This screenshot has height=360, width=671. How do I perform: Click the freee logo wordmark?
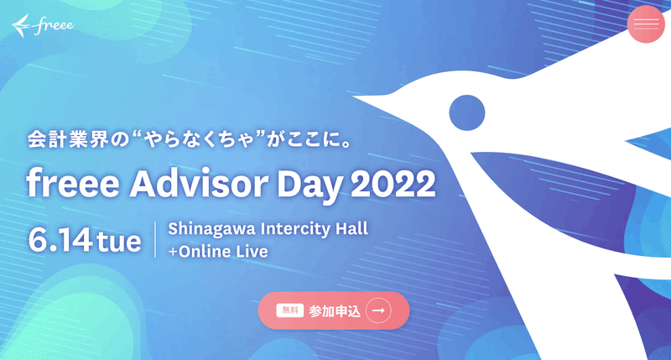[53, 25]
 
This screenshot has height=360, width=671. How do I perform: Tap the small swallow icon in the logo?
[21, 26]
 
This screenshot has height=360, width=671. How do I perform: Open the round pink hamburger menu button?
[646, 24]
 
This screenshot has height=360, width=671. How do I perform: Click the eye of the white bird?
[467, 112]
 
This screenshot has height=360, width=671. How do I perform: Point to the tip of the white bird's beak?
[352, 98]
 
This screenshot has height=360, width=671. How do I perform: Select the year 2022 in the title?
[393, 185]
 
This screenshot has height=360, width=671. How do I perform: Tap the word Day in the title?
[309, 186]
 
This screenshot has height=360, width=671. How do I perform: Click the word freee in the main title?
[73, 184]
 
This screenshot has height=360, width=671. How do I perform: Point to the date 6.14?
[60, 240]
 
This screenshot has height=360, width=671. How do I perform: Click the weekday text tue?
[119, 242]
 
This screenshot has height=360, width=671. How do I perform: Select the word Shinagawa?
[212, 229]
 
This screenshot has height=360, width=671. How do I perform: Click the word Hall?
[351, 228]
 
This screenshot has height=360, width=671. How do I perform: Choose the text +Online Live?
[218, 251]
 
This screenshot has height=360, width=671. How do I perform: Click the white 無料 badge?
[289, 310]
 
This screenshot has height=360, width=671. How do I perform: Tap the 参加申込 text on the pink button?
[335, 311]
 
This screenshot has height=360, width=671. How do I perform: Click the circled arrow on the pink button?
[378, 310]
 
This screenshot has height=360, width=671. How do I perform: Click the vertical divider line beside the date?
[155, 239]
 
